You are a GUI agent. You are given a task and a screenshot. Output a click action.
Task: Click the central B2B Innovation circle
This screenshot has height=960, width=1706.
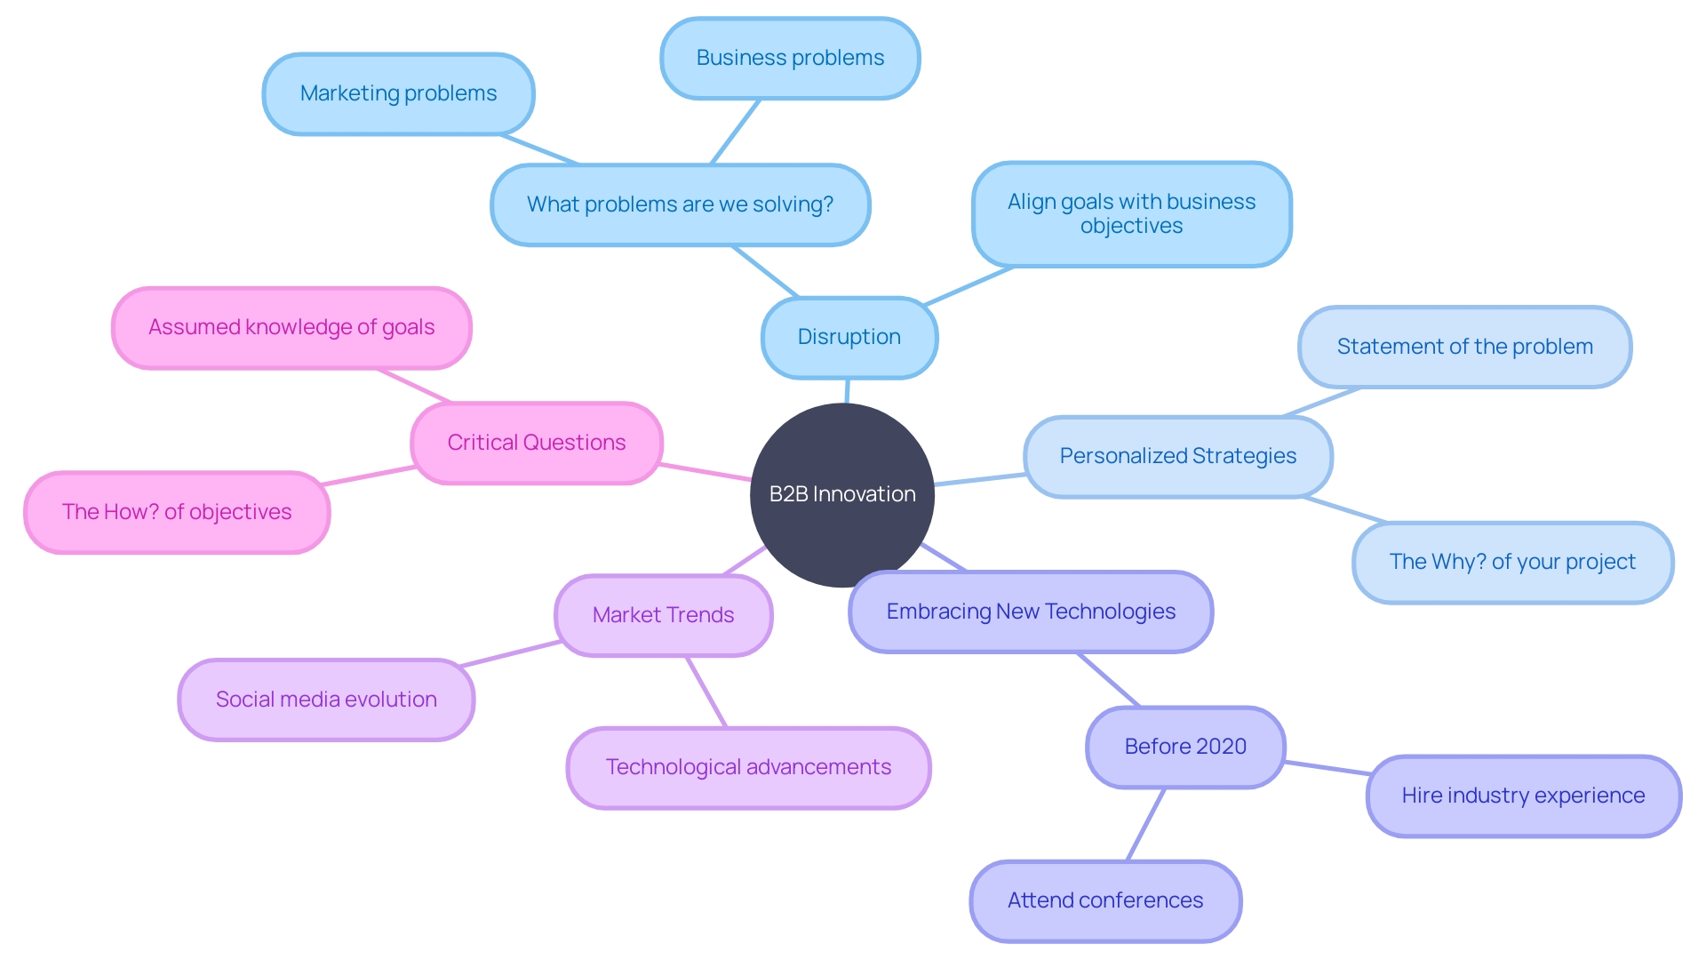click(841, 494)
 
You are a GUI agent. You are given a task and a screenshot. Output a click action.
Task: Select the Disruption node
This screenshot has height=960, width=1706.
click(849, 337)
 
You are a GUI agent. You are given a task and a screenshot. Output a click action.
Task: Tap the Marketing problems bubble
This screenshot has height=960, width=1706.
click(398, 93)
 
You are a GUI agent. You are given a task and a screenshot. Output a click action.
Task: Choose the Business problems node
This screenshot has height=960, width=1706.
click(790, 58)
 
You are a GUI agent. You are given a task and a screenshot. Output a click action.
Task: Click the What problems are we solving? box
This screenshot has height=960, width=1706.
click(680, 204)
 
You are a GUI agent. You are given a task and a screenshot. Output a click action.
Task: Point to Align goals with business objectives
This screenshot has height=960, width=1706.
click(1131, 213)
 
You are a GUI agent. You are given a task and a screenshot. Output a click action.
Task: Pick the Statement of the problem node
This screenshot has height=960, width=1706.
click(1464, 347)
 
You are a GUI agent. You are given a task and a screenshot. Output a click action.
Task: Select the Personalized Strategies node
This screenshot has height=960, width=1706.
click(1177, 456)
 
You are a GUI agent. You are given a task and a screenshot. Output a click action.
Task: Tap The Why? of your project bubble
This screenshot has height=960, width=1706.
click(1512, 562)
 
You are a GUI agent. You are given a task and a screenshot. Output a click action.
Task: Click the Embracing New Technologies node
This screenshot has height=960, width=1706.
click(1031, 612)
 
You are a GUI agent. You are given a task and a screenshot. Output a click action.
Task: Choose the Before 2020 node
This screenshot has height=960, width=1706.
click(1185, 747)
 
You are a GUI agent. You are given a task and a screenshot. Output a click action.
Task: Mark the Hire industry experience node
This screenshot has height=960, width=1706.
click(1523, 796)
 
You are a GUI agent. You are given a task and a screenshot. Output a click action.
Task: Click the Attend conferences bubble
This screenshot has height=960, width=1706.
click(1105, 900)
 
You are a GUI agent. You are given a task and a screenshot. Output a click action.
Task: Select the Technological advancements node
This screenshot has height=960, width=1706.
click(748, 767)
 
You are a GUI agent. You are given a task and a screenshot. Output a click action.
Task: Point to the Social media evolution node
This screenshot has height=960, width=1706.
click(326, 700)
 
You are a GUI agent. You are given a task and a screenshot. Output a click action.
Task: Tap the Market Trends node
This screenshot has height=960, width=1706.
click(663, 615)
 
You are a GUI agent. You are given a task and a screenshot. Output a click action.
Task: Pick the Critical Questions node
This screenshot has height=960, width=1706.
click(537, 443)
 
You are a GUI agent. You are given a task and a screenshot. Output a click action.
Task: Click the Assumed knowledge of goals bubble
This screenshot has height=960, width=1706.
click(291, 327)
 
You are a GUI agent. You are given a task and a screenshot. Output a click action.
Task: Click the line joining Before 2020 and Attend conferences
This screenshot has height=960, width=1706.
click(1146, 824)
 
